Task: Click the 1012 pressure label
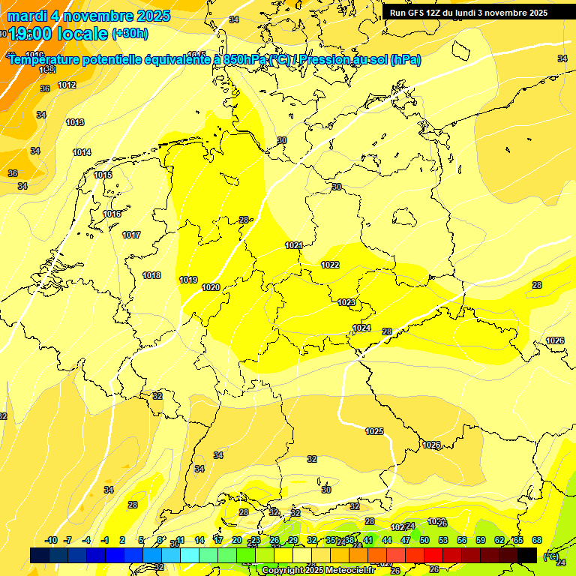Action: pyautogui.click(x=67, y=85)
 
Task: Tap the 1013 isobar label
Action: pyautogui.click(x=75, y=122)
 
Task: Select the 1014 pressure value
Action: pyautogui.click(x=82, y=152)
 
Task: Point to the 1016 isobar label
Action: pyautogui.click(x=112, y=214)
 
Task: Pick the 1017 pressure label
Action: pyautogui.click(x=131, y=235)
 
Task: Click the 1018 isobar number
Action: pyautogui.click(x=151, y=275)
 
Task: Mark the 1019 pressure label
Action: pyautogui.click(x=188, y=280)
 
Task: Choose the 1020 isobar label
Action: pyautogui.click(x=211, y=287)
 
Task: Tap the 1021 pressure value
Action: pyautogui.click(x=293, y=245)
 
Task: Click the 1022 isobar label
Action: pyautogui.click(x=330, y=265)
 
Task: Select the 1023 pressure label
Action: pyautogui.click(x=346, y=302)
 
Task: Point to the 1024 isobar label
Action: pyautogui.click(x=361, y=328)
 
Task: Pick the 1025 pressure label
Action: pyautogui.click(x=374, y=430)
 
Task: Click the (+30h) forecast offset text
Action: pyautogui.click(x=130, y=33)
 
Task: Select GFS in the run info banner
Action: pyautogui.click(x=418, y=13)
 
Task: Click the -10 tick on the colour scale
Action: pyautogui.click(x=51, y=540)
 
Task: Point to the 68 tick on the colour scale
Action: pyautogui.click(x=537, y=540)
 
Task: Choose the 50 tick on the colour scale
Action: pyautogui.click(x=424, y=540)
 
